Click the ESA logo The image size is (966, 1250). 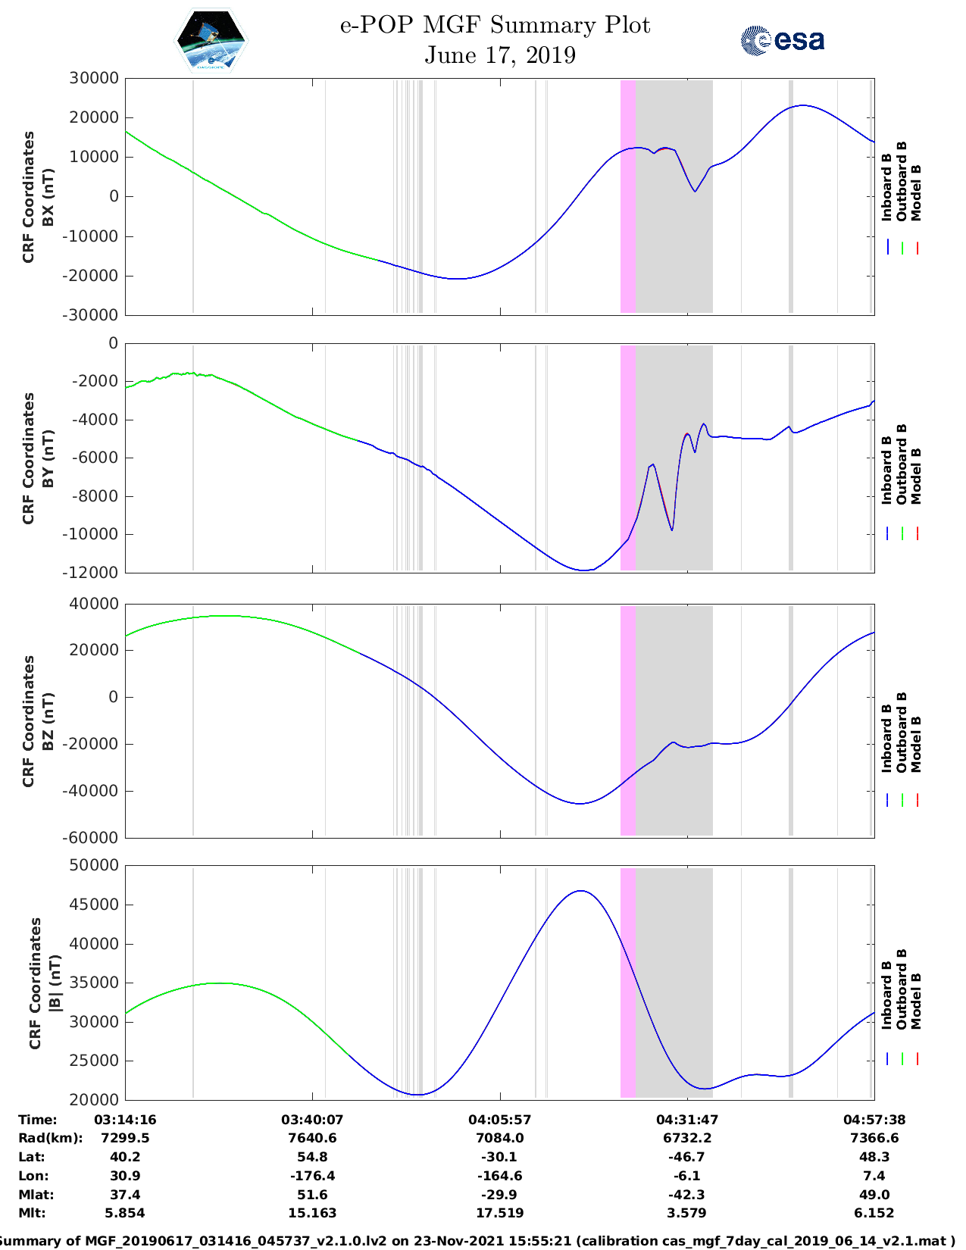[x=782, y=40]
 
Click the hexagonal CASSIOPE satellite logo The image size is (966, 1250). [x=211, y=41]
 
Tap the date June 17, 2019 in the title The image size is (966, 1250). [x=499, y=55]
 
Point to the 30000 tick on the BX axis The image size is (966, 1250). [x=94, y=78]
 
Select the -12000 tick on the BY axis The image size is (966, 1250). [x=94, y=573]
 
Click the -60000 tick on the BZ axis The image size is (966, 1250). [x=94, y=838]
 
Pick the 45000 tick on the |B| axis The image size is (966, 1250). [x=94, y=905]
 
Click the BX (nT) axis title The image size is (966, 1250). [x=48, y=197]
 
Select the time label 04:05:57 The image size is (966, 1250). [x=499, y=1120]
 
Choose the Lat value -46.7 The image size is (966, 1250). [x=686, y=1157]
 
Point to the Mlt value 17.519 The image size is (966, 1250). [x=499, y=1213]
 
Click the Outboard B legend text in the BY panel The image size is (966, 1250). [x=902, y=464]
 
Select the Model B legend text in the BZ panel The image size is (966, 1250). [x=916, y=744]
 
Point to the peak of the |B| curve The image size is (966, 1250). [x=580, y=891]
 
